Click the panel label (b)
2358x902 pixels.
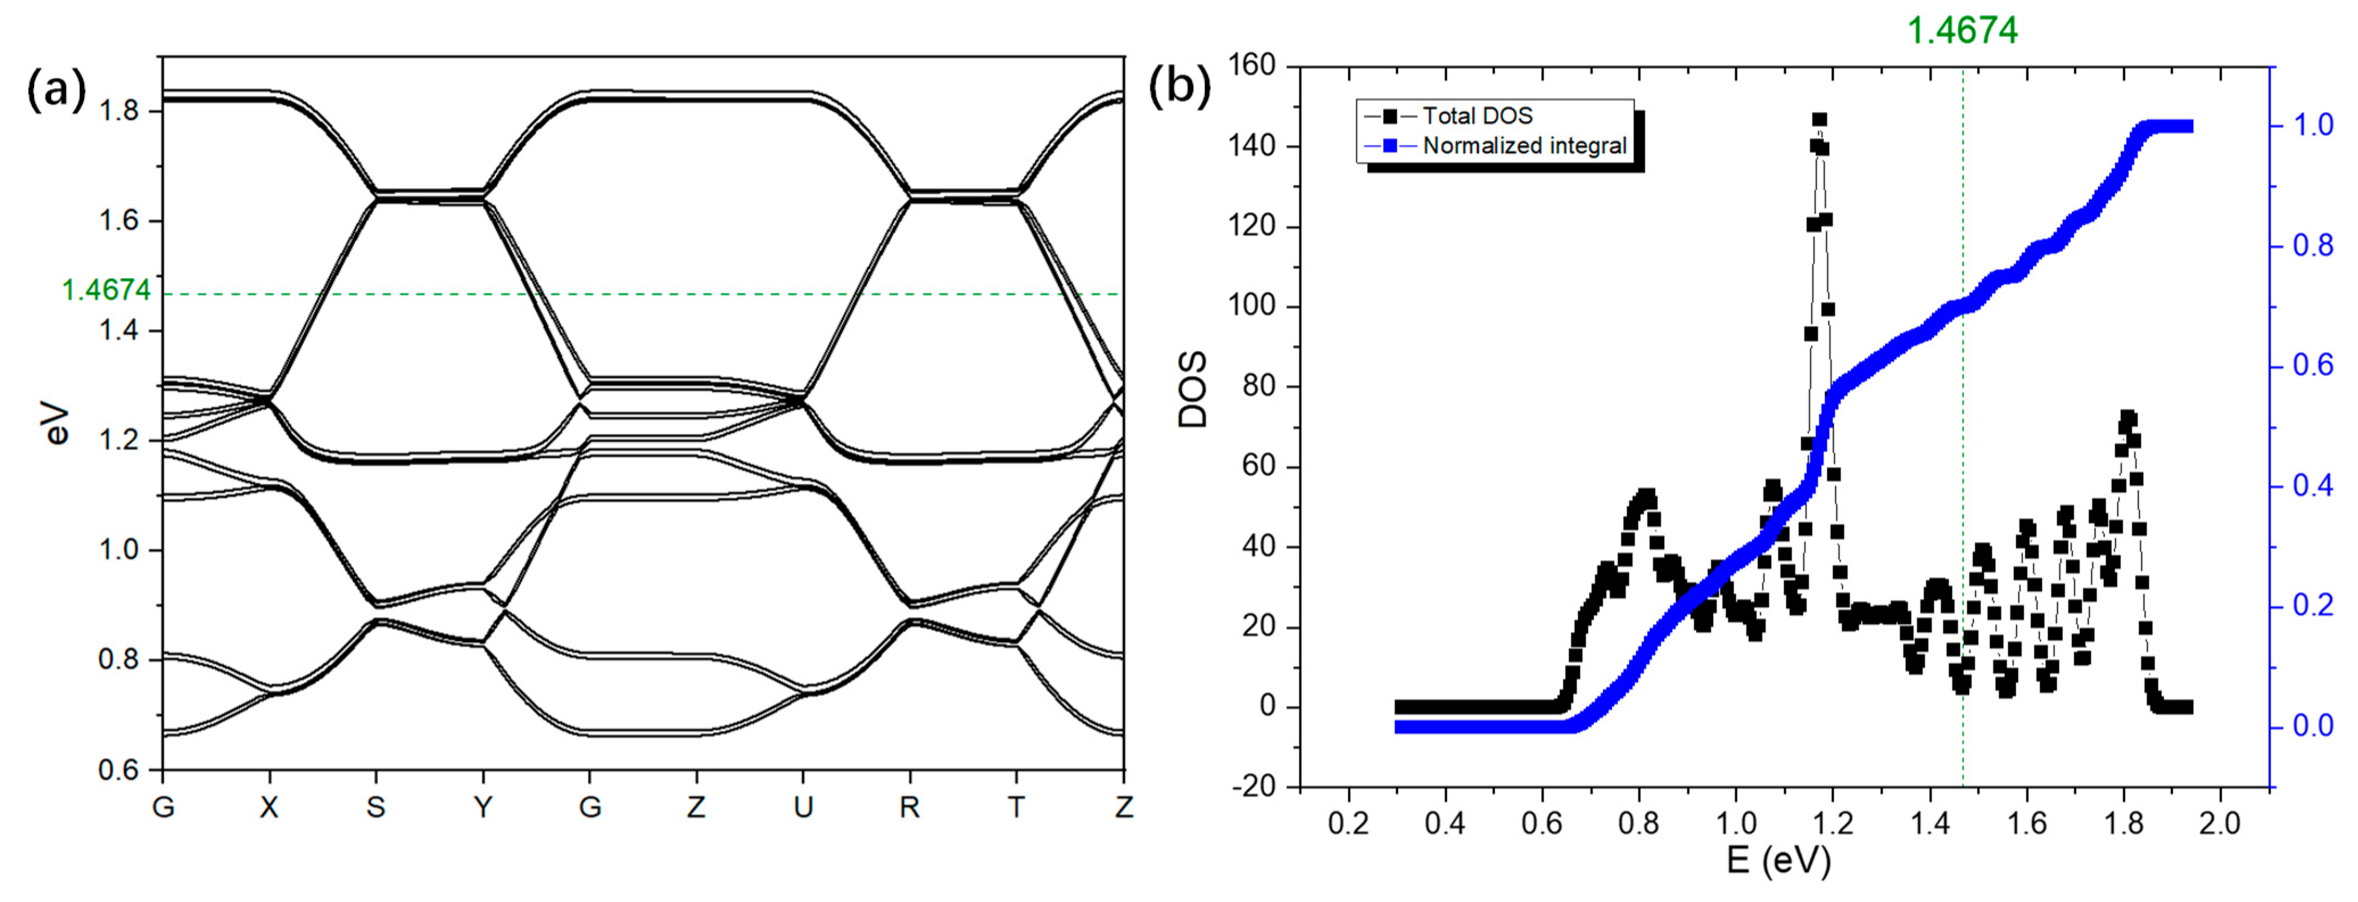point(1179,87)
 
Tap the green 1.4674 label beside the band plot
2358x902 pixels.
point(105,290)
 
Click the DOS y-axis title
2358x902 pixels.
point(1193,389)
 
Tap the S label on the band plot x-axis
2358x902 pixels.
point(375,808)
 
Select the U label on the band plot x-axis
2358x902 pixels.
point(803,808)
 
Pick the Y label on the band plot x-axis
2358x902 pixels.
point(482,808)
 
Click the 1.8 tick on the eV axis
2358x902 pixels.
point(118,111)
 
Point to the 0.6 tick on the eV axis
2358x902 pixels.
point(118,770)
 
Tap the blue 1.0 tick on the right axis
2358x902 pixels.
point(2313,126)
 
